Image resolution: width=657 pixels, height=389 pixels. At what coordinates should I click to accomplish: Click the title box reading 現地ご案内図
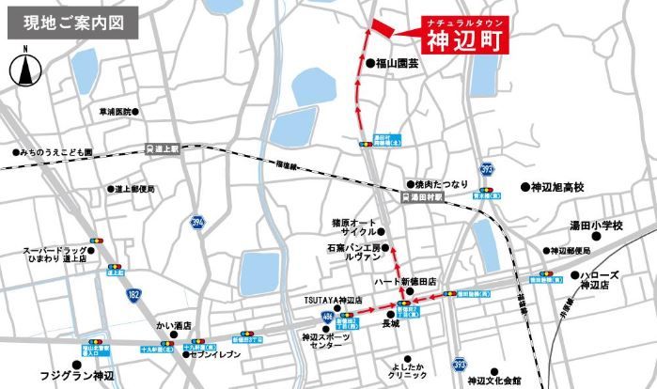(x=71, y=23)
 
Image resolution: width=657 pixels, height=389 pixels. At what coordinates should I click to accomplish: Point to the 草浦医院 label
(x=117, y=112)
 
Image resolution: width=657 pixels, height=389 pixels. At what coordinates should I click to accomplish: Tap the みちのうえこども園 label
(x=56, y=151)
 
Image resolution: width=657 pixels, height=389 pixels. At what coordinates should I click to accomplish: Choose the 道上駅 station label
(x=167, y=148)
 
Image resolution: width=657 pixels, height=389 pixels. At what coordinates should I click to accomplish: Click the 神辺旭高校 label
(x=557, y=188)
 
